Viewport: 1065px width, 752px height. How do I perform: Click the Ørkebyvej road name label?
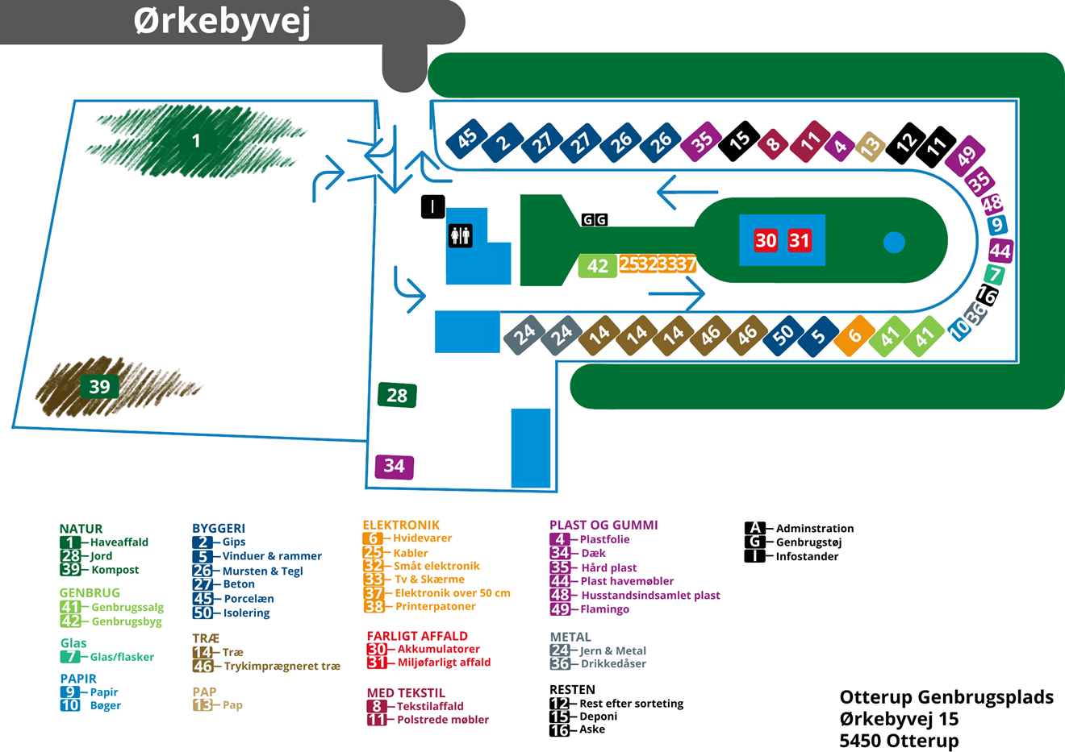(x=222, y=22)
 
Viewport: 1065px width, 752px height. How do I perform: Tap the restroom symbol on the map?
(x=460, y=235)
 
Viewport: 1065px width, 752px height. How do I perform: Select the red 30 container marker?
(x=766, y=240)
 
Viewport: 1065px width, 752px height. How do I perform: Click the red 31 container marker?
(x=800, y=240)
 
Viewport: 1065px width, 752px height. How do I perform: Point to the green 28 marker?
(x=397, y=395)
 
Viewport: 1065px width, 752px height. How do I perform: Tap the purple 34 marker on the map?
(x=395, y=467)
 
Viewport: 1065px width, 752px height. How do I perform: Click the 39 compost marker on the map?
(x=99, y=386)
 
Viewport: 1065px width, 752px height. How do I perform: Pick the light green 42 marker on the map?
(x=597, y=266)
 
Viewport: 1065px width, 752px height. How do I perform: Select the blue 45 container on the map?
(x=467, y=139)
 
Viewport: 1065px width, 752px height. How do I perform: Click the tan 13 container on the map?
(x=870, y=147)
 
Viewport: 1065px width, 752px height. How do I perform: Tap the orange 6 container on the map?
(x=854, y=335)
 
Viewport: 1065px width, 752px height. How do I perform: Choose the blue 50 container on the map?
(x=783, y=335)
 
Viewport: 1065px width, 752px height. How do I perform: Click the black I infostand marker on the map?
(x=432, y=206)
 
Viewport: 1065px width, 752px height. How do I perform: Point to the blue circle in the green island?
(x=894, y=243)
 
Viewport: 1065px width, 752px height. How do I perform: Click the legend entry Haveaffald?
(x=119, y=542)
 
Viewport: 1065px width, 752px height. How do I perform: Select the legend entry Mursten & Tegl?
(x=262, y=571)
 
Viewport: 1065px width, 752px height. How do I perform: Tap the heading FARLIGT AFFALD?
(x=417, y=636)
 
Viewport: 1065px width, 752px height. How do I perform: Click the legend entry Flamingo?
(x=604, y=609)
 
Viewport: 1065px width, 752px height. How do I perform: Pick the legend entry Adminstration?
(x=815, y=528)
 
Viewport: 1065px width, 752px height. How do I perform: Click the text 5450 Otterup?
(x=899, y=740)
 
